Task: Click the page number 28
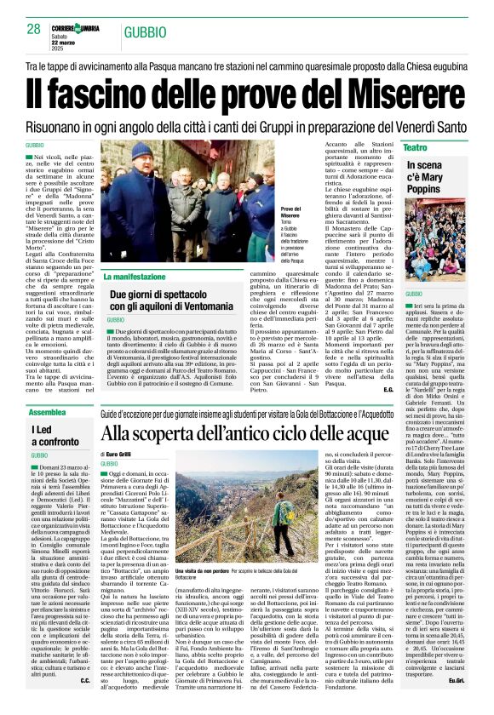pos(33,29)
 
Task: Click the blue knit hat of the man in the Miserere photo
pos(140,151)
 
